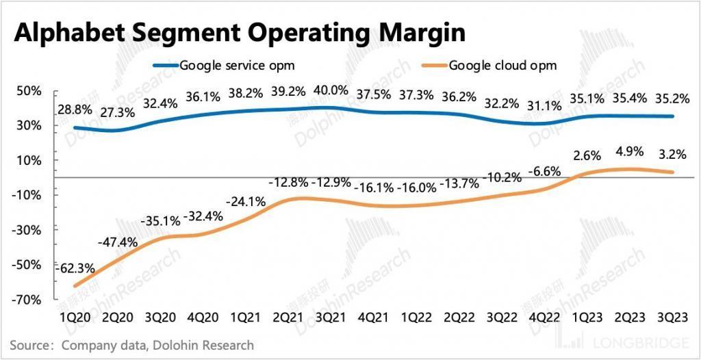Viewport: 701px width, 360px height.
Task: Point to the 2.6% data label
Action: coord(586,157)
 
